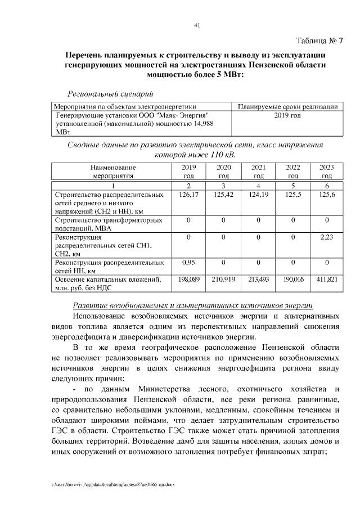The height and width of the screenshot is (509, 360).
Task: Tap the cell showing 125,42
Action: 223,195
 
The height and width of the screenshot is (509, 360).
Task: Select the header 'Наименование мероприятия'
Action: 112,172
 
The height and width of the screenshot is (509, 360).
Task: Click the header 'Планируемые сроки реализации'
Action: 287,106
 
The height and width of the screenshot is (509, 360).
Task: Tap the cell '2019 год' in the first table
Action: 287,115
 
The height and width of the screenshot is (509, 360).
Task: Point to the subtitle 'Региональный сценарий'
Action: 110,93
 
